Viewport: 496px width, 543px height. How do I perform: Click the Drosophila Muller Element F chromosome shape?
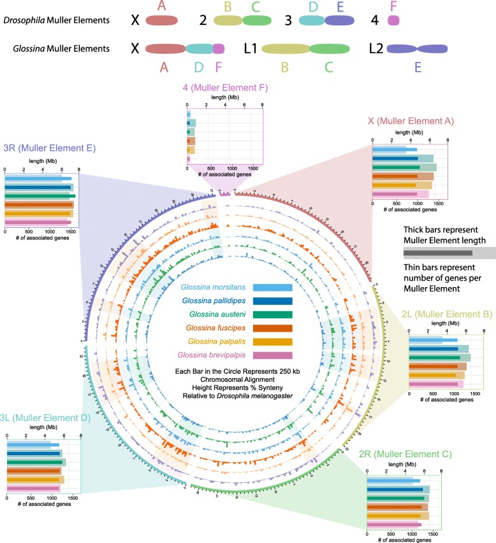tap(393, 20)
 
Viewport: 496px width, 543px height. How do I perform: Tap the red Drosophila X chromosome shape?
tap(163, 20)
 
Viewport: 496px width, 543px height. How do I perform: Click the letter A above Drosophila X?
tap(163, 6)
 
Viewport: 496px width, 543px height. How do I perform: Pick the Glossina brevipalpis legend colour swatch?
tap(272, 355)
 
